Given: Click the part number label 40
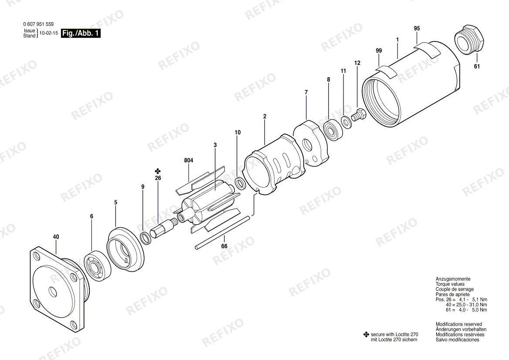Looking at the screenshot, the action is tap(56, 237).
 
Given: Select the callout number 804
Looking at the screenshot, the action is tap(189, 161).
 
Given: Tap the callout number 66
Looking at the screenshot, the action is tap(224, 246).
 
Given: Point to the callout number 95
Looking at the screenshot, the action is tap(417, 28).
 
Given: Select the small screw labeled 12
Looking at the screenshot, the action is tap(358, 115).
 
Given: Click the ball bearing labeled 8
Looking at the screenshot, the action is tap(332, 130).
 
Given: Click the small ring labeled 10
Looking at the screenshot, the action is tap(240, 184).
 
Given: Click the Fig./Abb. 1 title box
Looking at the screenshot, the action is tap(81, 34).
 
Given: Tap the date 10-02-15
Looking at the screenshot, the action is tap(49, 33).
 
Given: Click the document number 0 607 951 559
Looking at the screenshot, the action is tap(38, 24).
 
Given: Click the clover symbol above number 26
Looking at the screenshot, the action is tap(158, 171).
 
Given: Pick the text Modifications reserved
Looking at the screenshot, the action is tap(459, 324).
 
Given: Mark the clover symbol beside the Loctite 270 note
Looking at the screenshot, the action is tap(366, 334).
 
